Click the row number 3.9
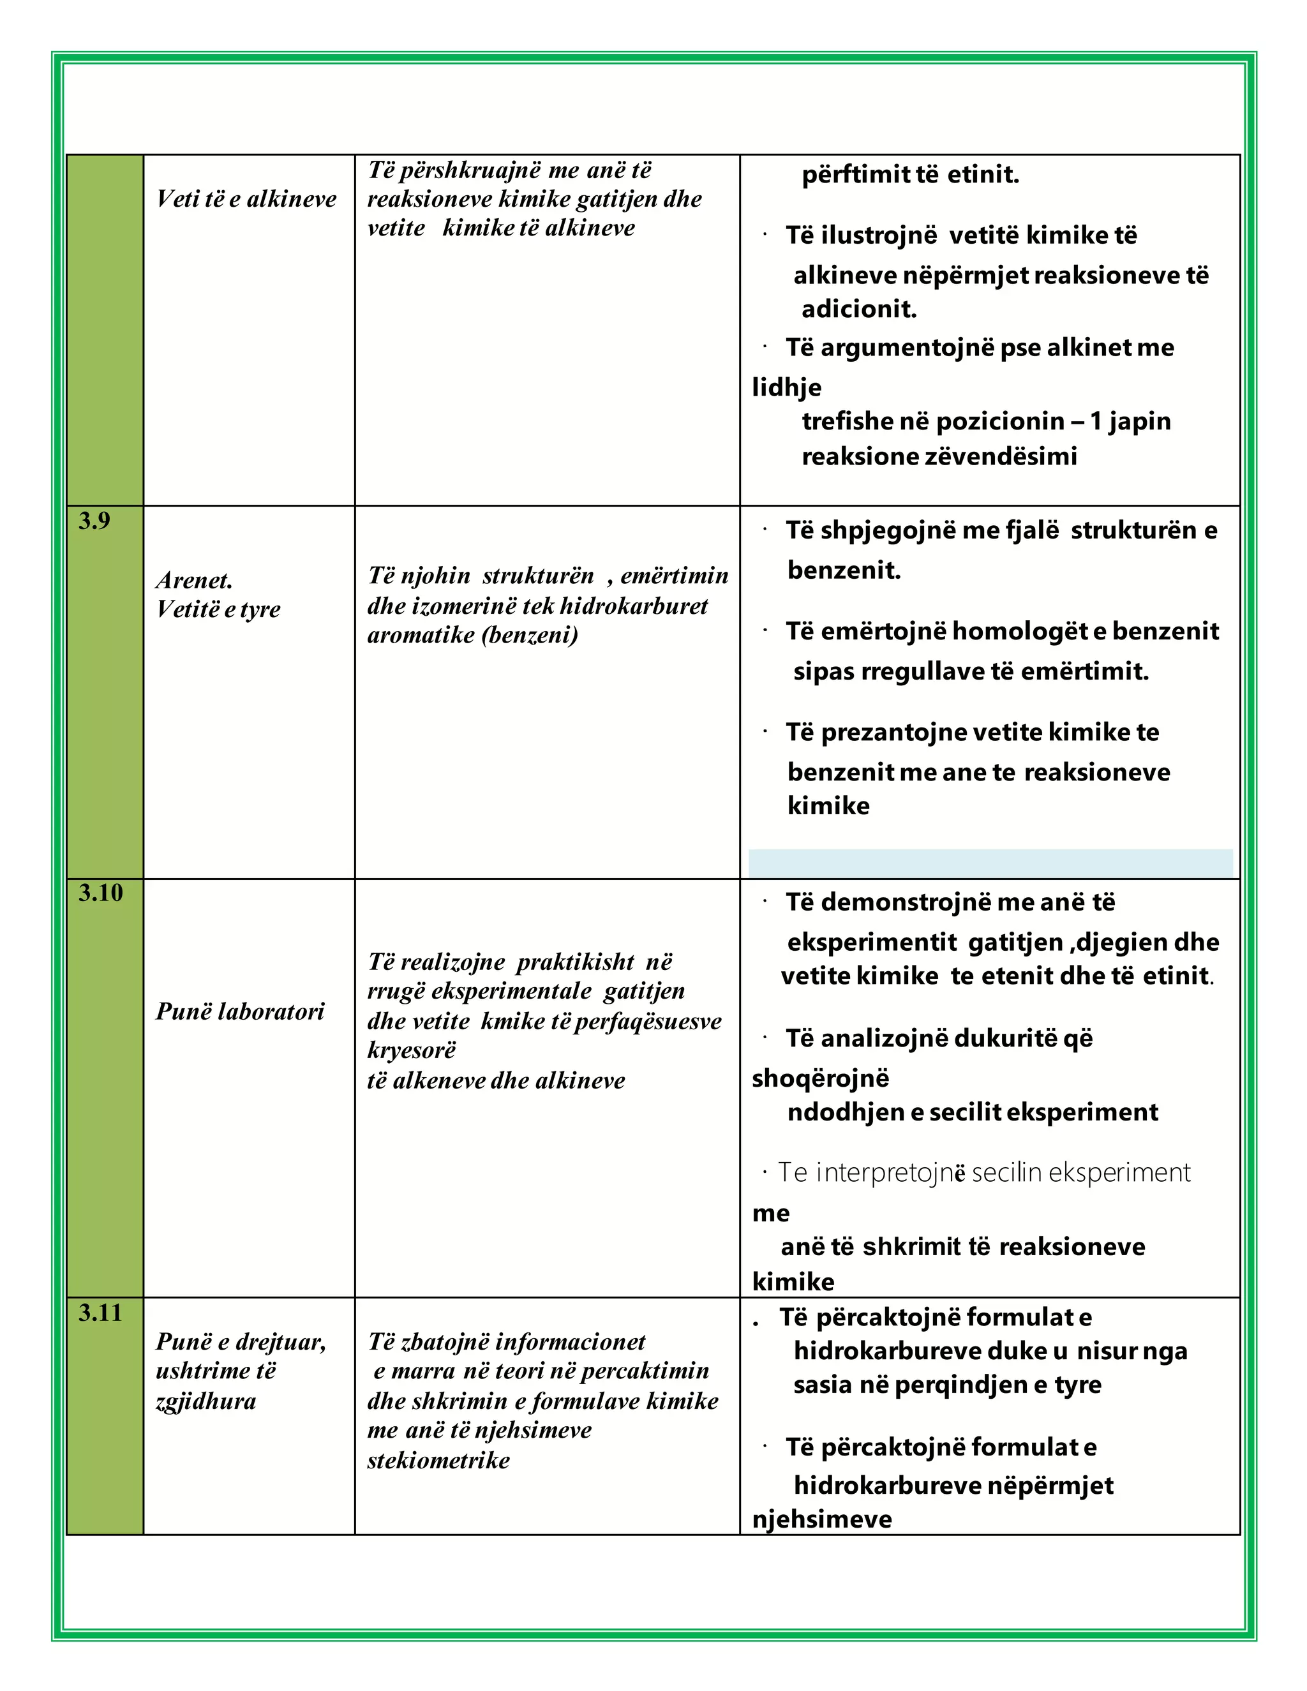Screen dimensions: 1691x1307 point(94,521)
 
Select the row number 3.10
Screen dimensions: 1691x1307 point(100,893)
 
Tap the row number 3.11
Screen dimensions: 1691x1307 point(100,1313)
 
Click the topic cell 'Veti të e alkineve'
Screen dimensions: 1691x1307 point(246,199)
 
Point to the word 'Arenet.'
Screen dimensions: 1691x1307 point(193,580)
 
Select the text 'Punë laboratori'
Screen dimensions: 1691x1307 point(240,1011)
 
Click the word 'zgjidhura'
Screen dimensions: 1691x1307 point(205,1401)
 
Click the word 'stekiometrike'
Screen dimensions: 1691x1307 point(438,1460)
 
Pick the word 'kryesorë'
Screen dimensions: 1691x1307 point(411,1050)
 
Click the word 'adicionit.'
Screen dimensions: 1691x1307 point(859,309)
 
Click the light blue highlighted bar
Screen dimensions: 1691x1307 point(990,863)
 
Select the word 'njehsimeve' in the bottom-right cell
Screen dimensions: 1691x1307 point(821,1519)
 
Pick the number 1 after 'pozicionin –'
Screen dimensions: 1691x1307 point(1096,421)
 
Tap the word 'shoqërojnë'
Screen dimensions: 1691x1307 point(820,1078)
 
